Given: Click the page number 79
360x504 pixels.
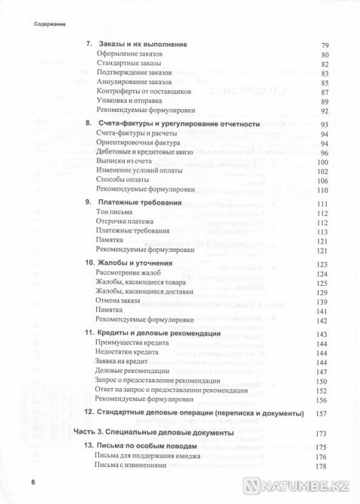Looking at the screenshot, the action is click(x=325, y=45).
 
